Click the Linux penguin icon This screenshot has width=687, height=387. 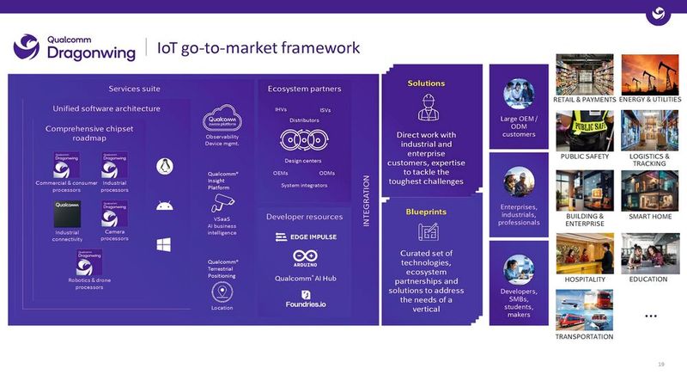pyautogui.click(x=163, y=166)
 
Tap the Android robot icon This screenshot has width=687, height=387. pyautogui.click(x=163, y=206)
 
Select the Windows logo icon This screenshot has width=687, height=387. pyautogui.click(x=163, y=245)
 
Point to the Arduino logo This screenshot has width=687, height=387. pyautogui.click(x=306, y=257)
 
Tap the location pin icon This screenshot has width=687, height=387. pyautogui.click(x=222, y=292)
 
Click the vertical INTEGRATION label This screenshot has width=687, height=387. pyautogui.click(x=367, y=200)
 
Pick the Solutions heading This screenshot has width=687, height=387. pyautogui.click(x=426, y=83)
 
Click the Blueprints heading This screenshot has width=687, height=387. pyautogui.click(x=426, y=212)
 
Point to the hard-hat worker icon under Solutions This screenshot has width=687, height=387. pyautogui.click(x=427, y=107)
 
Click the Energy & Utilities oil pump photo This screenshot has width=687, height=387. pyautogui.click(x=650, y=75)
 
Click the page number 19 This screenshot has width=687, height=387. pyautogui.click(x=661, y=365)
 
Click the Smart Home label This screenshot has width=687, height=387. pyautogui.click(x=650, y=218)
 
